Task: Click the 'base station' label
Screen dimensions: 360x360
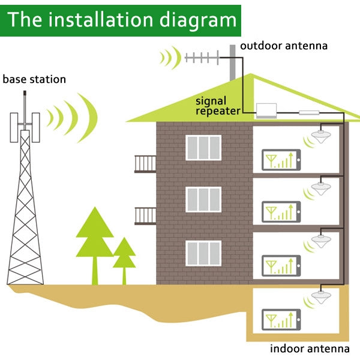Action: pos(34,79)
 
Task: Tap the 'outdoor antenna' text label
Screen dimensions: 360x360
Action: pos(284,46)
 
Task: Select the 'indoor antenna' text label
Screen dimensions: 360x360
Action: pos(309,348)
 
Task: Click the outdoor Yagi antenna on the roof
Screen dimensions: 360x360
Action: pos(204,58)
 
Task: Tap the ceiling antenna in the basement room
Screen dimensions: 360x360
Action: pos(319,298)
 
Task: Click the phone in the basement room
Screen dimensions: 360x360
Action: pos(281,319)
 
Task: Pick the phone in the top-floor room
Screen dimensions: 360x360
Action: pos(281,160)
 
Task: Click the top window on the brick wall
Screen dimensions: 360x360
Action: pos(203,148)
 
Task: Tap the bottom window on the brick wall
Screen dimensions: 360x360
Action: pos(203,253)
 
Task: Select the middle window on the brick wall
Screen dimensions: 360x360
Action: pos(203,200)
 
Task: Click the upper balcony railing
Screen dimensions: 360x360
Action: pos(145,163)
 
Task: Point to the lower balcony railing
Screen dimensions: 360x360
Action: pos(145,215)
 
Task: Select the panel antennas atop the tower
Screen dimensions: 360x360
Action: pos(25,125)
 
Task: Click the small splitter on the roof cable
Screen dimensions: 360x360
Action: pos(309,112)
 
